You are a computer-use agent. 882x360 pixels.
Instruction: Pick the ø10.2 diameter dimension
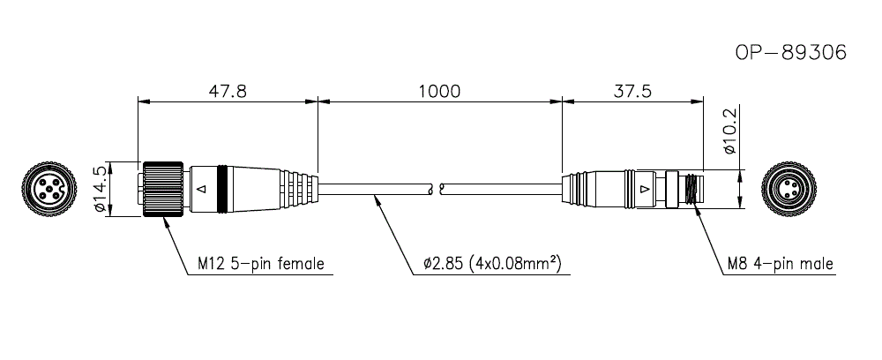tap(729, 133)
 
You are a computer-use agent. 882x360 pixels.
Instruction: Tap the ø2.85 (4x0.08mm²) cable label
tap(492, 263)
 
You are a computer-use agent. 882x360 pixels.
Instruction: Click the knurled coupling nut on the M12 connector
tap(163, 189)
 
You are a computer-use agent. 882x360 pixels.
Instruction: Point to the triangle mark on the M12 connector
tap(203, 189)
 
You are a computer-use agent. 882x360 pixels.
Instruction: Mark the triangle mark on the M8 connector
tap(646, 189)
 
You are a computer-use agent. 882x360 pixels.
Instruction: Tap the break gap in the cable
tap(436, 189)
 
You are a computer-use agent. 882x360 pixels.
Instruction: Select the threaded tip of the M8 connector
tap(690, 189)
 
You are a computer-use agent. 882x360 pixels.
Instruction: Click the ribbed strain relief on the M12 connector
tap(300, 189)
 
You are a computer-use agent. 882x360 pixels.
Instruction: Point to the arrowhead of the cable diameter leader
tap(377, 197)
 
